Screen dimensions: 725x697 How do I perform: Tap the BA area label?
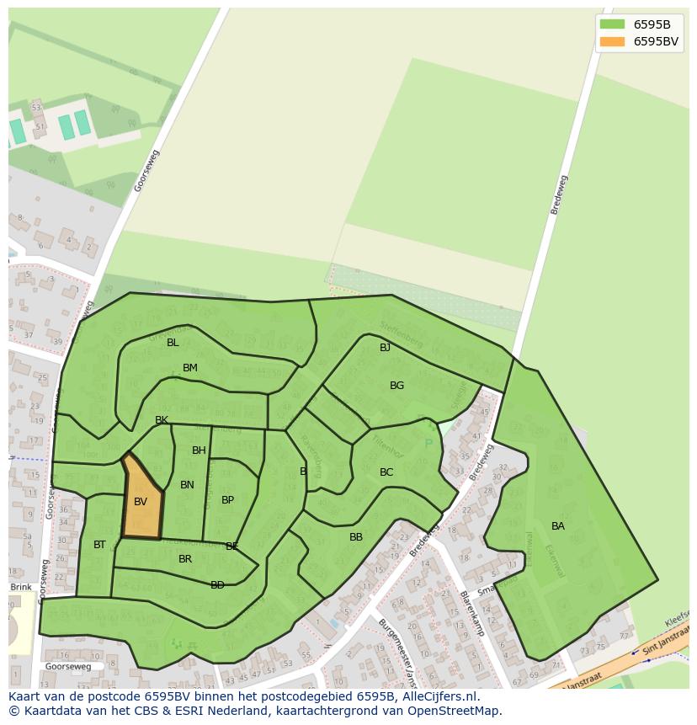click(x=558, y=526)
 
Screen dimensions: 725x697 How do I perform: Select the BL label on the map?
click(x=173, y=343)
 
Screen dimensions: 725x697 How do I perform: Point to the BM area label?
click(x=190, y=368)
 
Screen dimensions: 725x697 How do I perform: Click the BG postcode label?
click(x=396, y=386)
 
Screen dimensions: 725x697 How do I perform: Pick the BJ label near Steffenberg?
click(x=385, y=348)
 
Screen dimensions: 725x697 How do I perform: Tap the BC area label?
click(x=386, y=472)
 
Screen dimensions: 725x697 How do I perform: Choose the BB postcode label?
click(x=356, y=537)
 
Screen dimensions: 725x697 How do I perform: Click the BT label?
click(x=99, y=545)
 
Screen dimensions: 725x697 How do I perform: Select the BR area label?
click(x=185, y=559)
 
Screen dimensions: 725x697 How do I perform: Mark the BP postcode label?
click(x=227, y=500)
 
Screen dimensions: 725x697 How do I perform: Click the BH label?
click(x=199, y=450)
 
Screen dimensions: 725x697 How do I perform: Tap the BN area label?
click(x=187, y=485)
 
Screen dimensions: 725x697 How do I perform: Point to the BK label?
click(x=162, y=420)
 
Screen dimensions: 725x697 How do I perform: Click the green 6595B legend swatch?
click(x=612, y=24)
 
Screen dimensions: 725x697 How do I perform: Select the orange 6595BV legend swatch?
click(x=612, y=41)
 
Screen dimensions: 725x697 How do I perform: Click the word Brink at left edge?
click(x=21, y=587)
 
